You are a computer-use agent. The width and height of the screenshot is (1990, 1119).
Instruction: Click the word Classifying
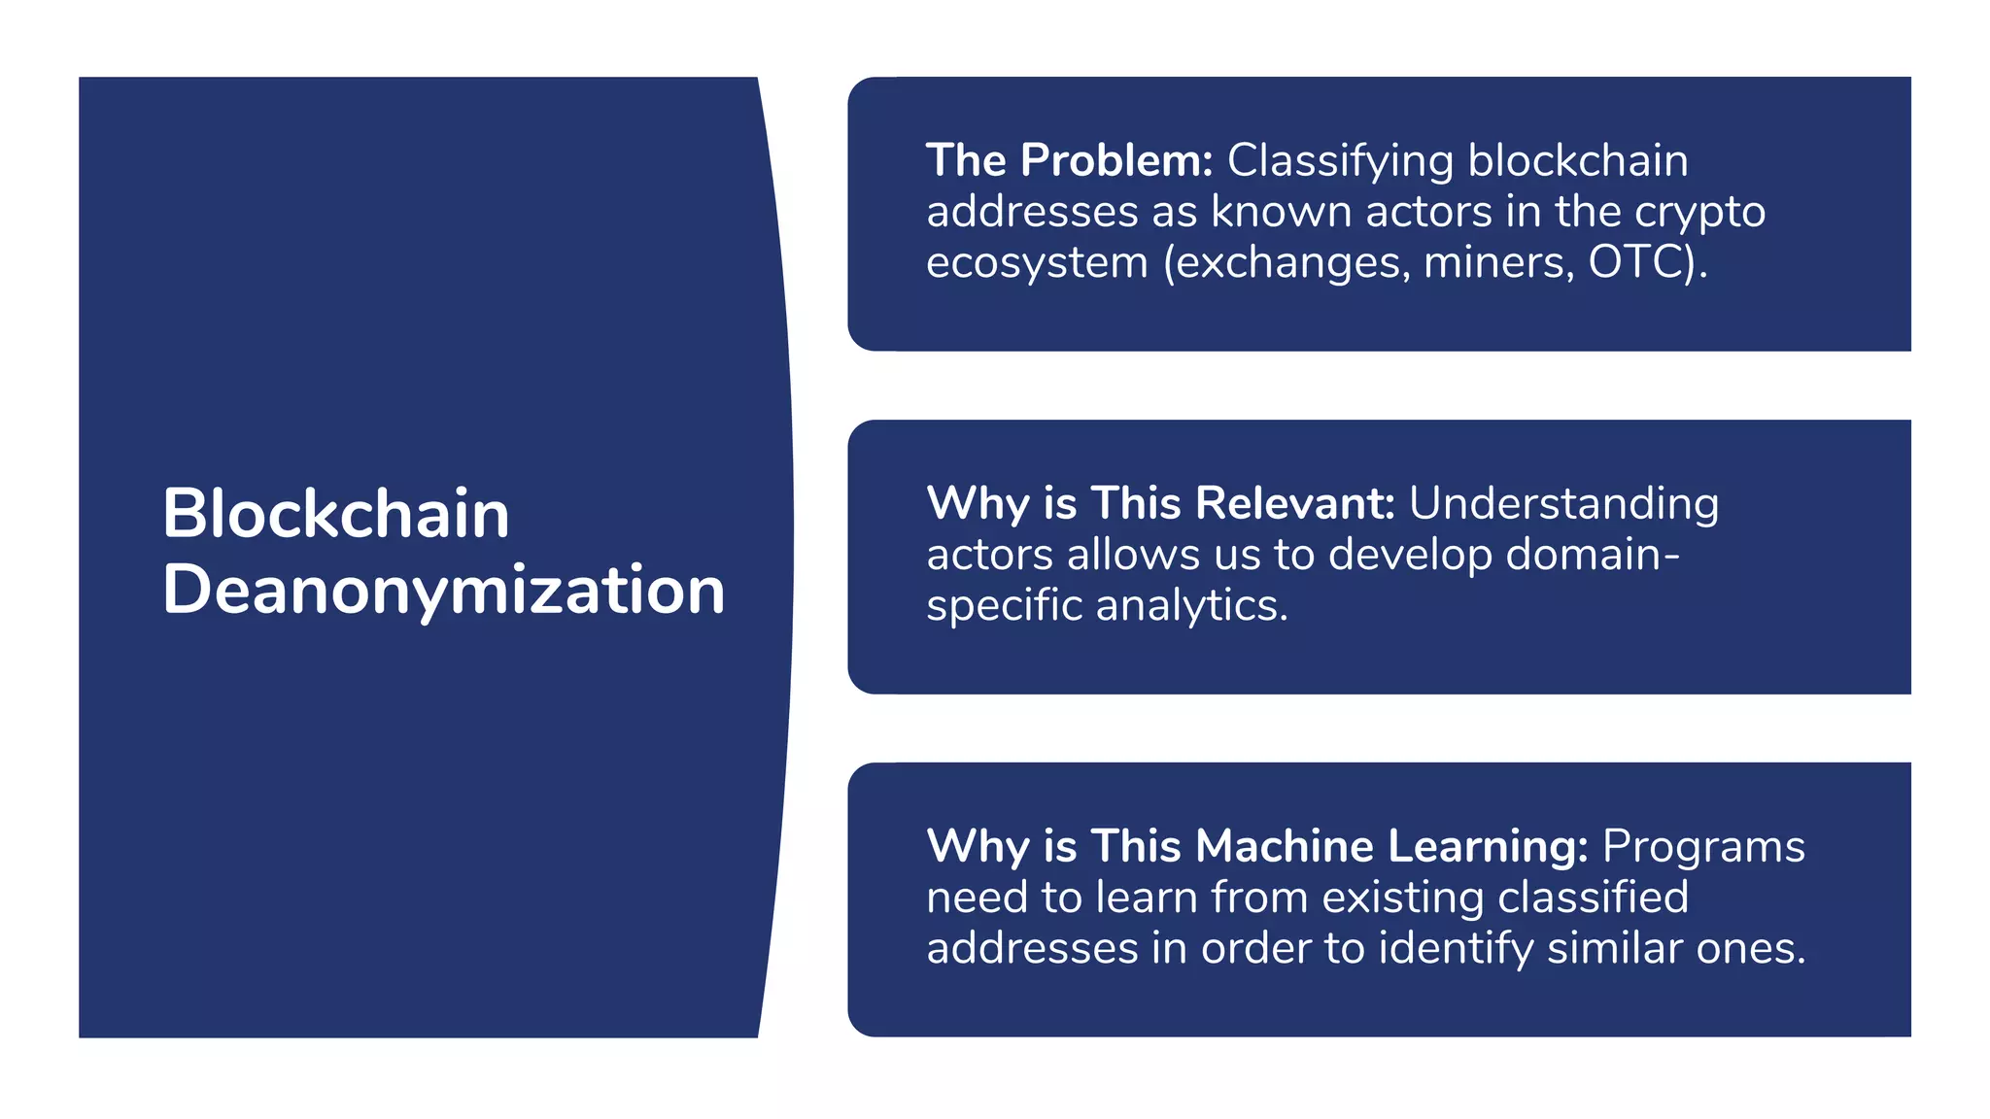coord(1340,161)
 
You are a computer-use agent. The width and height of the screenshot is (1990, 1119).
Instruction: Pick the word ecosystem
coord(1037,262)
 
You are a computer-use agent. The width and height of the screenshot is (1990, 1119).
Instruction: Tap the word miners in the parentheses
coord(1497,262)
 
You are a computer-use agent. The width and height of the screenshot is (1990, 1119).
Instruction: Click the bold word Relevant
coord(1294,503)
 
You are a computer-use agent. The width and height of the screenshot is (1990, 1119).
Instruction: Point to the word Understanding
coord(1563,503)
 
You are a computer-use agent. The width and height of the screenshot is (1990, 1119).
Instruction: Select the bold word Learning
coord(1487,846)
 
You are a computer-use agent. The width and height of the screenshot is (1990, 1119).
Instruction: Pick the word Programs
coord(1703,846)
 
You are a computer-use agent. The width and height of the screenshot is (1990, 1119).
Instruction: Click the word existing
coord(1402,897)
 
